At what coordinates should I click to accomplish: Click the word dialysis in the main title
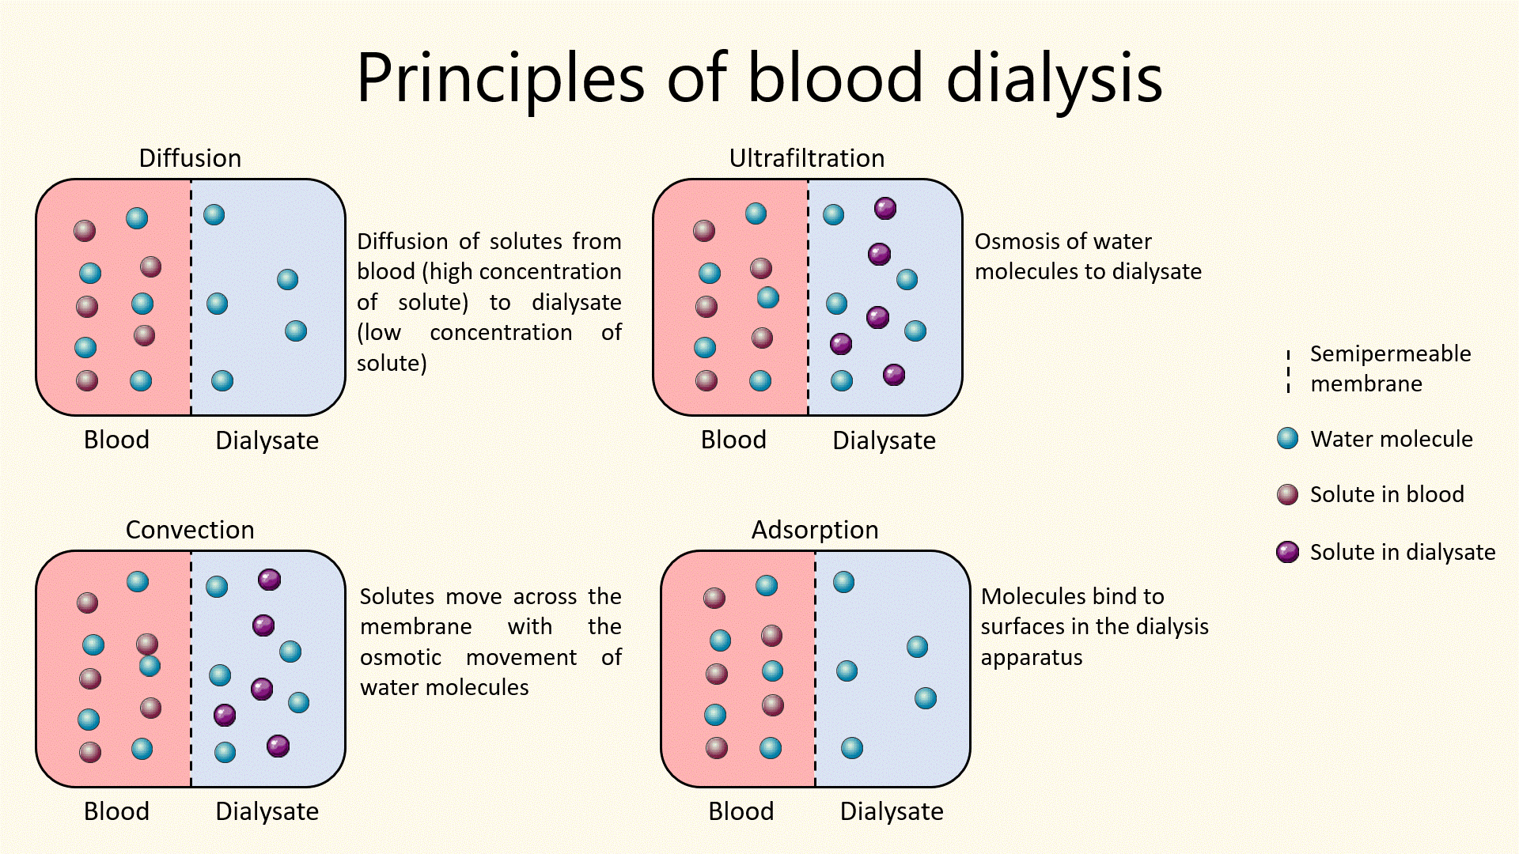[1054, 77]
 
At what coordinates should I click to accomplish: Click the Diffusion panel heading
[190, 158]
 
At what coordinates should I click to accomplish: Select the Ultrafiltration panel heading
[806, 158]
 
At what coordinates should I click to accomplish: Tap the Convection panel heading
[190, 530]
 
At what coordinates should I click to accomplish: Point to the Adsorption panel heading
[815, 530]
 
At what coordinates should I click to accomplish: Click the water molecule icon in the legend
[1288, 438]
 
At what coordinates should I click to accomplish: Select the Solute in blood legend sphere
[1288, 494]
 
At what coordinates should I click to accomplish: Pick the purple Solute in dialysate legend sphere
[1288, 552]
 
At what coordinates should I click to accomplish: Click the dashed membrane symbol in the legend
[1289, 370]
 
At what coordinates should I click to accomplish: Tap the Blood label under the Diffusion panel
[116, 440]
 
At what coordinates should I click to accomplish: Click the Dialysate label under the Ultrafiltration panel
[884, 440]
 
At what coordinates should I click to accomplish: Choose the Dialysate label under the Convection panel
[267, 811]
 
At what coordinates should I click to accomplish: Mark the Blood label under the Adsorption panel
[741, 811]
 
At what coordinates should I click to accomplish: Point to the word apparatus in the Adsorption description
[1031, 658]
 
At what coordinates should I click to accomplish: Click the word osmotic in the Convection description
[400, 658]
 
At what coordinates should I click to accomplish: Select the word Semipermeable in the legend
[1390, 353]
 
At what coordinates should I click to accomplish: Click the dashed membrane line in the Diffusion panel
[191, 297]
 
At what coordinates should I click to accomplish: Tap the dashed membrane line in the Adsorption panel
[815, 668]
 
